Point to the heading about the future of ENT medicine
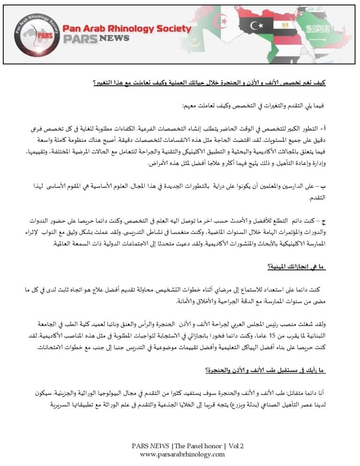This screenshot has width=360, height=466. coord(265,370)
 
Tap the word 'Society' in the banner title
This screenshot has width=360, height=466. coord(174,29)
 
